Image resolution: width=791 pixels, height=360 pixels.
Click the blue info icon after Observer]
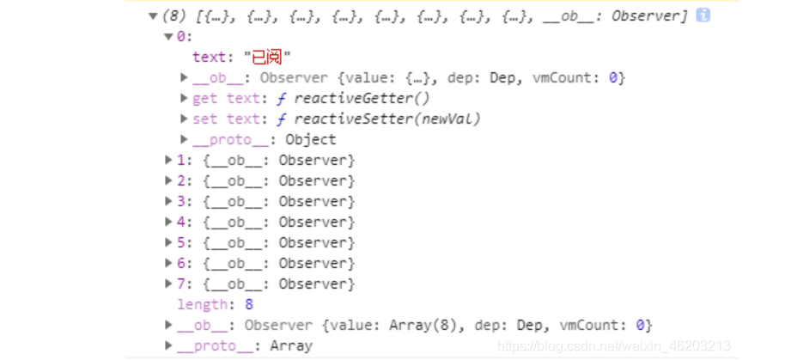tap(703, 15)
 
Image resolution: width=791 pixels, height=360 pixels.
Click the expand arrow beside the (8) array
tap(153, 16)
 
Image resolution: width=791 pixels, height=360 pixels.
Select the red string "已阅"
tap(269, 58)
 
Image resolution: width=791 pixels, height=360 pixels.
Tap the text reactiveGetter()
tap(362, 98)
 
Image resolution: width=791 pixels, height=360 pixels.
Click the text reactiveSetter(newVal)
tap(387, 119)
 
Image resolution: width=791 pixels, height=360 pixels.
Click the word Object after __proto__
tap(311, 139)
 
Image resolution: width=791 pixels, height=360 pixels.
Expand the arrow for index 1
tap(168, 160)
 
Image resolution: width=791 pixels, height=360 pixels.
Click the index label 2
tap(181, 180)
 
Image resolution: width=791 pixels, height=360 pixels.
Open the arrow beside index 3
tap(168, 201)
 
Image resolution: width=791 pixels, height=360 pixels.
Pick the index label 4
tap(181, 222)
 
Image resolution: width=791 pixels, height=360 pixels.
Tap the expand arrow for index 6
tap(168, 263)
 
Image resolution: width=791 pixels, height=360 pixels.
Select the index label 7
tap(181, 284)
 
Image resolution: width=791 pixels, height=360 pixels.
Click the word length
tap(202, 304)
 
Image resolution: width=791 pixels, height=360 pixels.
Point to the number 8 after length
tap(248, 304)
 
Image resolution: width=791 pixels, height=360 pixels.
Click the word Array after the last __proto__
tap(292, 345)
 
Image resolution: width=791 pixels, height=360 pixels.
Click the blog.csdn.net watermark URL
tap(615, 345)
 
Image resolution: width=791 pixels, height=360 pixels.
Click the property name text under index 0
tap(209, 58)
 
